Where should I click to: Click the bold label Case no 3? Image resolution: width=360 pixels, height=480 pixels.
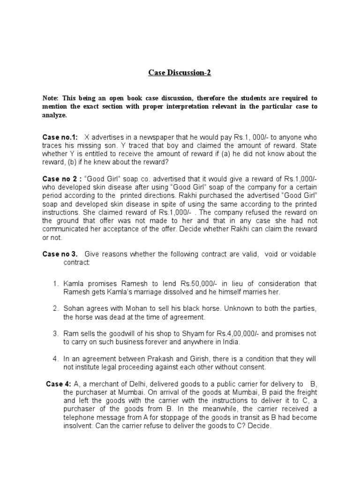click(x=60, y=254)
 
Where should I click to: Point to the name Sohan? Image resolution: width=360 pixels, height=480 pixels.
click(x=75, y=309)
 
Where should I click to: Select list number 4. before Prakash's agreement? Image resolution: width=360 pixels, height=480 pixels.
click(x=55, y=359)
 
